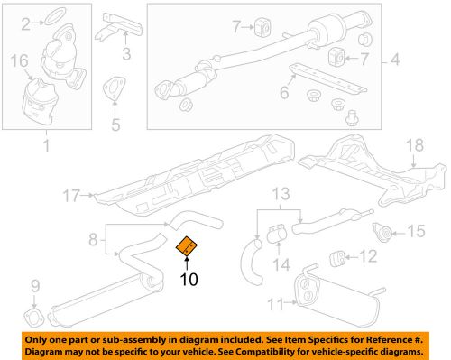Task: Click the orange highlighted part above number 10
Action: click(187, 245)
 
